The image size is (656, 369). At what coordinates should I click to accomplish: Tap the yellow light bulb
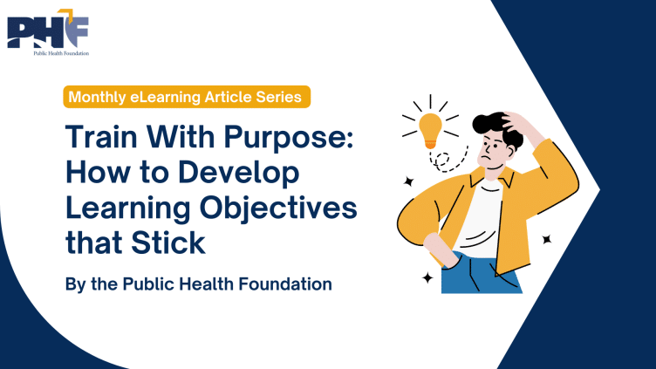click(x=429, y=130)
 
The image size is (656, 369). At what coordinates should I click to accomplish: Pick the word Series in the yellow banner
click(x=278, y=98)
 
